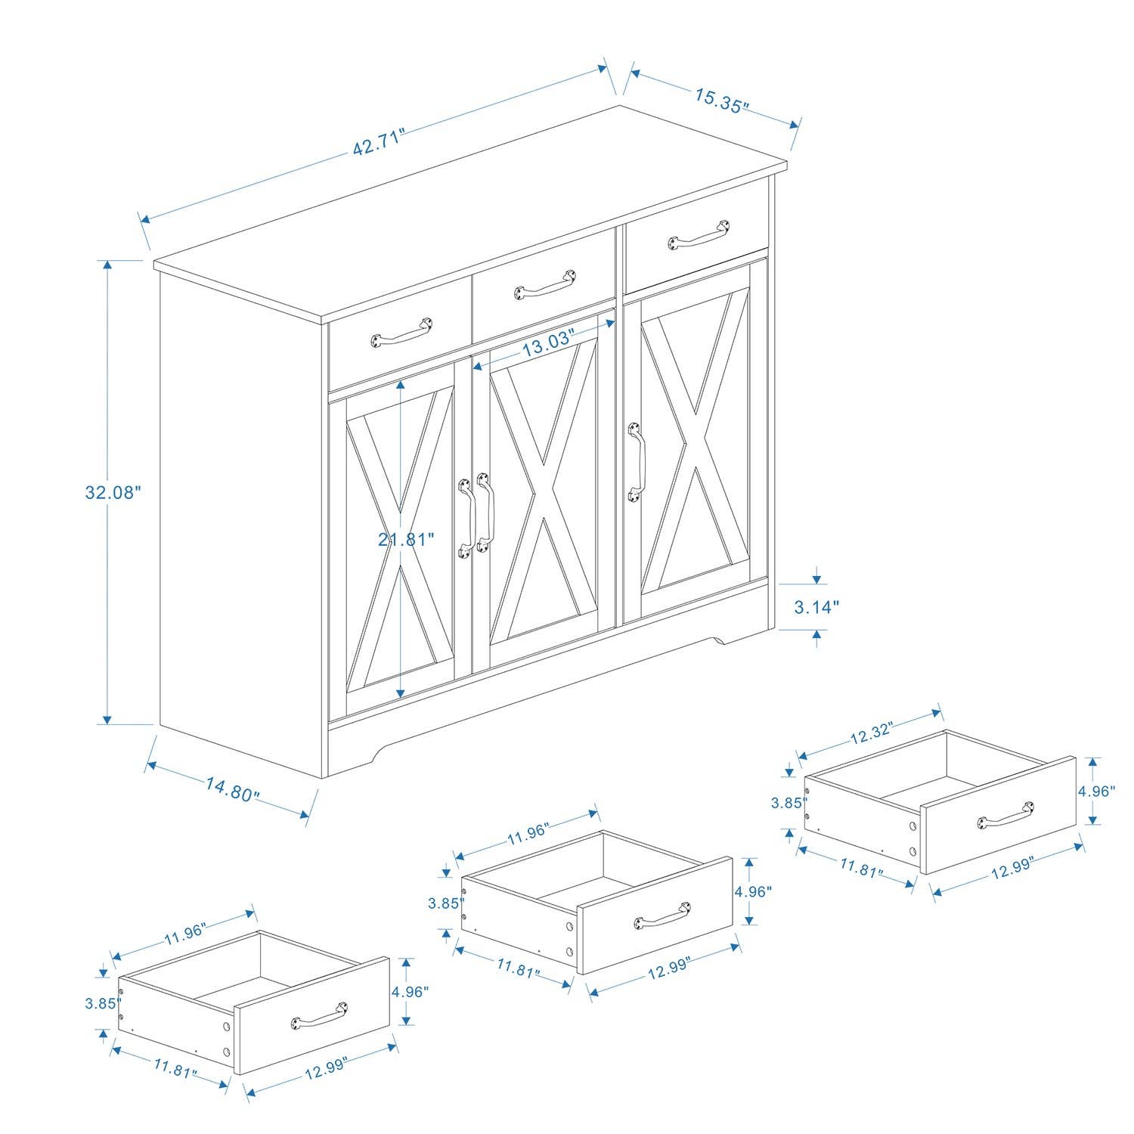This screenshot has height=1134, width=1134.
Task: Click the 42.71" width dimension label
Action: tap(379, 142)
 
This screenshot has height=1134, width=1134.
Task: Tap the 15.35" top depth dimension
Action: tap(721, 100)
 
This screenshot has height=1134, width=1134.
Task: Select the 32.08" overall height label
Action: tap(113, 492)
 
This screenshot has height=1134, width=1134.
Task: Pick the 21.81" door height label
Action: tap(406, 539)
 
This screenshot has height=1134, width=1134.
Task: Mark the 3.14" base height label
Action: tap(816, 606)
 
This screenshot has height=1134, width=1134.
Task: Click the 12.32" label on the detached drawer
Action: tap(871, 733)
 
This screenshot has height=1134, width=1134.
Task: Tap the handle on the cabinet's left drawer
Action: tap(401, 333)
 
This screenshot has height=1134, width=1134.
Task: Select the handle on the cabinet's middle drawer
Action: tap(545, 283)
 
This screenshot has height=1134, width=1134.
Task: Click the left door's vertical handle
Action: tap(466, 518)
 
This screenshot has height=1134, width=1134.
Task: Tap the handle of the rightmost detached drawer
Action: tap(1006, 814)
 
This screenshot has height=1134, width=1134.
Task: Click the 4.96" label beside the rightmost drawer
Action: tap(1096, 792)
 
